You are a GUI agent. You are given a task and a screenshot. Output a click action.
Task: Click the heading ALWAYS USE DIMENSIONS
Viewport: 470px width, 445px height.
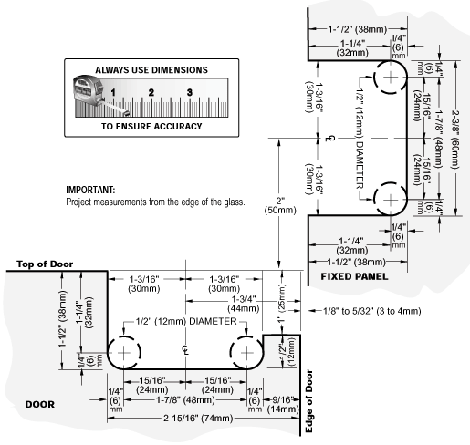(x=151, y=70)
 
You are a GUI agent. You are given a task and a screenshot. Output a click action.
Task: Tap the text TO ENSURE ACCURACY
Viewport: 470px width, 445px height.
(x=151, y=126)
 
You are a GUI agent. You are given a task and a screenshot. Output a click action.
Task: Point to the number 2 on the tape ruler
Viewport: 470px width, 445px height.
(x=151, y=92)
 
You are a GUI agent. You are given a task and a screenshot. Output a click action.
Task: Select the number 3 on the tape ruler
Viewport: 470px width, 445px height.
(x=190, y=92)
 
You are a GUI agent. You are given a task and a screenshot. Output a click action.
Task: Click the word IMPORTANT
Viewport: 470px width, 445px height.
(x=90, y=190)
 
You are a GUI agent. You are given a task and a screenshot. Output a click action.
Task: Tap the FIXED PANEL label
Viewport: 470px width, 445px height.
(x=354, y=276)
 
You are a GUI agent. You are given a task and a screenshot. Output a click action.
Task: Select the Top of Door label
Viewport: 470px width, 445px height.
(x=45, y=264)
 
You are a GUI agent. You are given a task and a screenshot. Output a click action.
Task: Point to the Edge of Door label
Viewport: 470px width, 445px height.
(x=308, y=401)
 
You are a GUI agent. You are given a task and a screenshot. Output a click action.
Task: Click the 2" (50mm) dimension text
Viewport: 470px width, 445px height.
(x=280, y=205)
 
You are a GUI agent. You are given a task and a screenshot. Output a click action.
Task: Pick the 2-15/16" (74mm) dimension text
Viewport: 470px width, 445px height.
(x=198, y=419)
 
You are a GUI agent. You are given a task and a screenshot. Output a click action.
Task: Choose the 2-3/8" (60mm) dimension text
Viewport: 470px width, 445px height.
(x=454, y=140)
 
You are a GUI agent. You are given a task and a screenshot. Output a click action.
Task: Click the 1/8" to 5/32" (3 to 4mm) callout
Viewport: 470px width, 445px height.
(x=371, y=311)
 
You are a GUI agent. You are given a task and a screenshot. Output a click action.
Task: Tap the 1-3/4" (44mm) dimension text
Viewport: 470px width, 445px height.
(x=244, y=304)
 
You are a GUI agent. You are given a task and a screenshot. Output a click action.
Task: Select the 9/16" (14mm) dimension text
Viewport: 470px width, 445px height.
(x=283, y=404)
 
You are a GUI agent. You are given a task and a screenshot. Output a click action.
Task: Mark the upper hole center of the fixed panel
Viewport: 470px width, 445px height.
(x=391, y=77)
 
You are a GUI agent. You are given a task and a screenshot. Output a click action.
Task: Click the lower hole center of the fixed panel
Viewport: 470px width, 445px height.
(x=391, y=200)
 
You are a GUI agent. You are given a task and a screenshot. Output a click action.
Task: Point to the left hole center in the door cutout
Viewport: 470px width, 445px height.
(x=123, y=353)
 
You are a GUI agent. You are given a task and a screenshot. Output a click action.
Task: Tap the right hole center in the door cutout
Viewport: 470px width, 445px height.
(x=246, y=353)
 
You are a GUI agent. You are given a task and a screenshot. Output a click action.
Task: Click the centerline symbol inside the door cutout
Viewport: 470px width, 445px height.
(x=185, y=350)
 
